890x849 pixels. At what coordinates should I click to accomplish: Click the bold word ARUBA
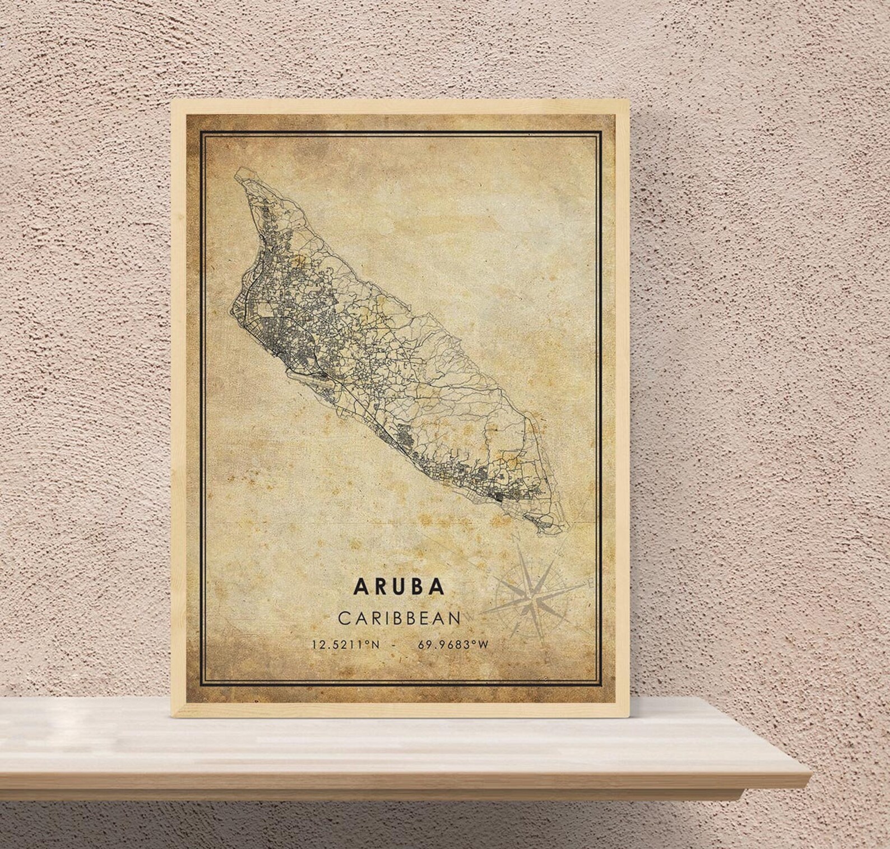click(399, 586)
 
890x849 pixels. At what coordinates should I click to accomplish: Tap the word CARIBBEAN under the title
click(399, 618)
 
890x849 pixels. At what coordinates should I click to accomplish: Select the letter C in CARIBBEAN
click(344, 618)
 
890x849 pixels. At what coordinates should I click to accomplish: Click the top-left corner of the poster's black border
click(201, 133)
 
